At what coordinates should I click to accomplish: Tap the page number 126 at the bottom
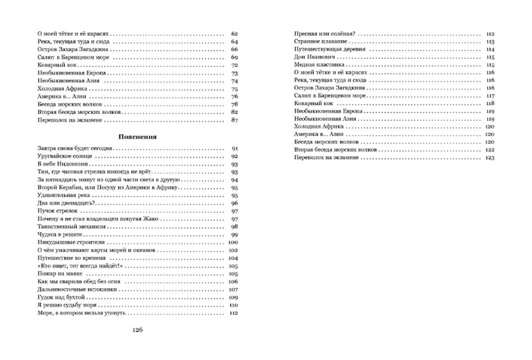pyautogui.click(x=137, y=349)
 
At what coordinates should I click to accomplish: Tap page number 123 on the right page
pyautogui.click(x=490, y=158)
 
